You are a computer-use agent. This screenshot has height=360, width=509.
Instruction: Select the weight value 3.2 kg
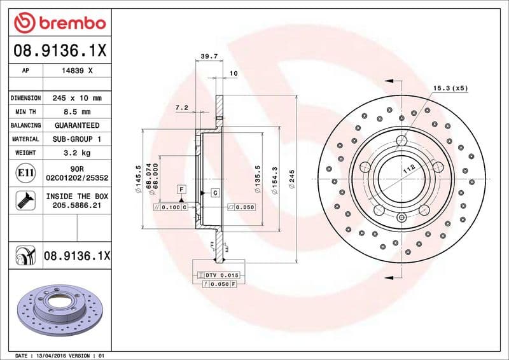(76, 153)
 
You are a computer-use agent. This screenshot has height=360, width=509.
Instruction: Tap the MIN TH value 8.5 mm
(76, 112)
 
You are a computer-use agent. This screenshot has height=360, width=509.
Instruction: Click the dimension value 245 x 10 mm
(76, 99)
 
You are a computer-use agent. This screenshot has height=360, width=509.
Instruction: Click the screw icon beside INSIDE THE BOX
(22, 201)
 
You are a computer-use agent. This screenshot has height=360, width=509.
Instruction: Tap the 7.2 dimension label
(181, 108)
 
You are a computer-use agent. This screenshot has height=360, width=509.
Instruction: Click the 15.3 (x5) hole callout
(450, 88)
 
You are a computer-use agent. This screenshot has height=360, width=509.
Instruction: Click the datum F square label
(181, 190)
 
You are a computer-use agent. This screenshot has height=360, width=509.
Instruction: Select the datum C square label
(215, 192)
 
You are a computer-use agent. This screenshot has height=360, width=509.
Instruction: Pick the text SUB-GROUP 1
(76, 139)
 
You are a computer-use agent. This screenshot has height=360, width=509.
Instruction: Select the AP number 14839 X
(76, 71)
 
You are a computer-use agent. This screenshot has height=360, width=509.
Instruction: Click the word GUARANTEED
(76, 125)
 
